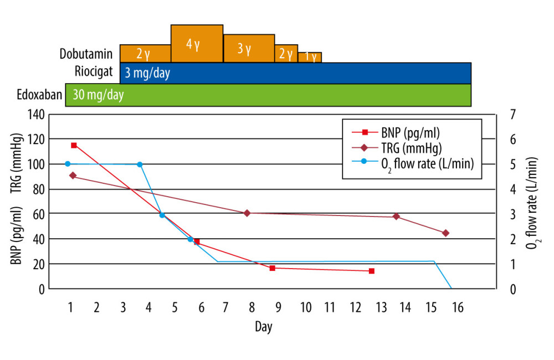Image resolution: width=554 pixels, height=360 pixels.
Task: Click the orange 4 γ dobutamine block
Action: [x=197, y=43]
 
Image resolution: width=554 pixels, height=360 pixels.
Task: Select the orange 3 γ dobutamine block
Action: [x=249, y=48]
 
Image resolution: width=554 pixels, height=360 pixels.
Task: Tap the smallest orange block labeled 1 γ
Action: [x=310, y=57]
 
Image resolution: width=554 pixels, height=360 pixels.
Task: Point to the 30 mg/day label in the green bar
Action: [x=98, y=94]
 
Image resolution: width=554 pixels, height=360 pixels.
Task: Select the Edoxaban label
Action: [x=39, y=94]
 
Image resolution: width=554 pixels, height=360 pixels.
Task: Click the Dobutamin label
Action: [x=86, y=54]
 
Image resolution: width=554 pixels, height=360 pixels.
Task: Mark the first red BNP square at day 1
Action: [x=74, y=145]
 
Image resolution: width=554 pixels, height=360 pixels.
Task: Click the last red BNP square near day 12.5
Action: [x=371, y=271]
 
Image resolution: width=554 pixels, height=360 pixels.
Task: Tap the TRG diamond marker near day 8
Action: [x=247, y=213]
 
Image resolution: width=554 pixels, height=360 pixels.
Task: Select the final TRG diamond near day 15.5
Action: [x=445, y=233]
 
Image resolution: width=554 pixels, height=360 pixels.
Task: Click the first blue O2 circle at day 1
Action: [x=68, y=164]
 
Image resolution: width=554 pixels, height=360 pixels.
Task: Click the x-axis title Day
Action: [x=264, y=327]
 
